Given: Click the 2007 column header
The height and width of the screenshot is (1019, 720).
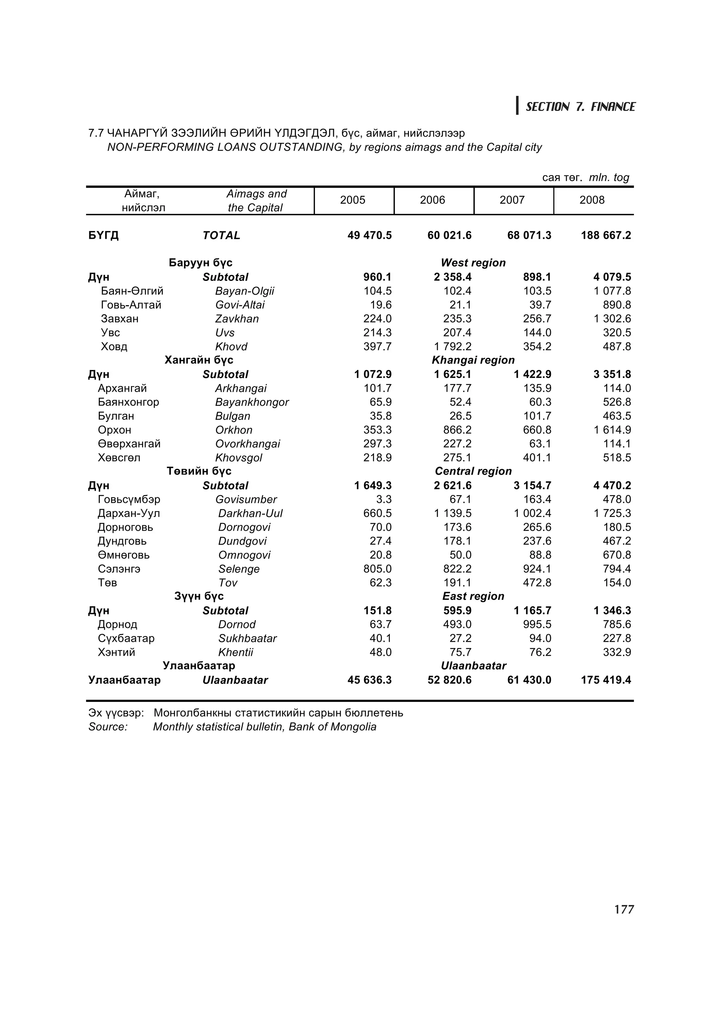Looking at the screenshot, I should pos(512,200).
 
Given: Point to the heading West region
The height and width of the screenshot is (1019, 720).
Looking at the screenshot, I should pos(473,263).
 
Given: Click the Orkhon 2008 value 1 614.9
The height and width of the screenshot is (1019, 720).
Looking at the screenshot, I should pos(612,430).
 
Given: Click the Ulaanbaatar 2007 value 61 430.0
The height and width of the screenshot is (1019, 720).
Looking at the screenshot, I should pos(529,680).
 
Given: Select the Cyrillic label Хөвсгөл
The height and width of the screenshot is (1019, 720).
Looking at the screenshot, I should pos(119,458).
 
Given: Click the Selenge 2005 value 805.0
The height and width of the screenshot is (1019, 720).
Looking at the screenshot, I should pos(377,569).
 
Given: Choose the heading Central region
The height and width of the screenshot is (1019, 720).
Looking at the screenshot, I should pos(473,471).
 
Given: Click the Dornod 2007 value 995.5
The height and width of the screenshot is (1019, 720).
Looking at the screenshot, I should pos(537,625).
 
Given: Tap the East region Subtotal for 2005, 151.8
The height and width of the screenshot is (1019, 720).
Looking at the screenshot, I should pos(377,611).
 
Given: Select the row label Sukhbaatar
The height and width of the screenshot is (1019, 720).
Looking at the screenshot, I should pos(247,639).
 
